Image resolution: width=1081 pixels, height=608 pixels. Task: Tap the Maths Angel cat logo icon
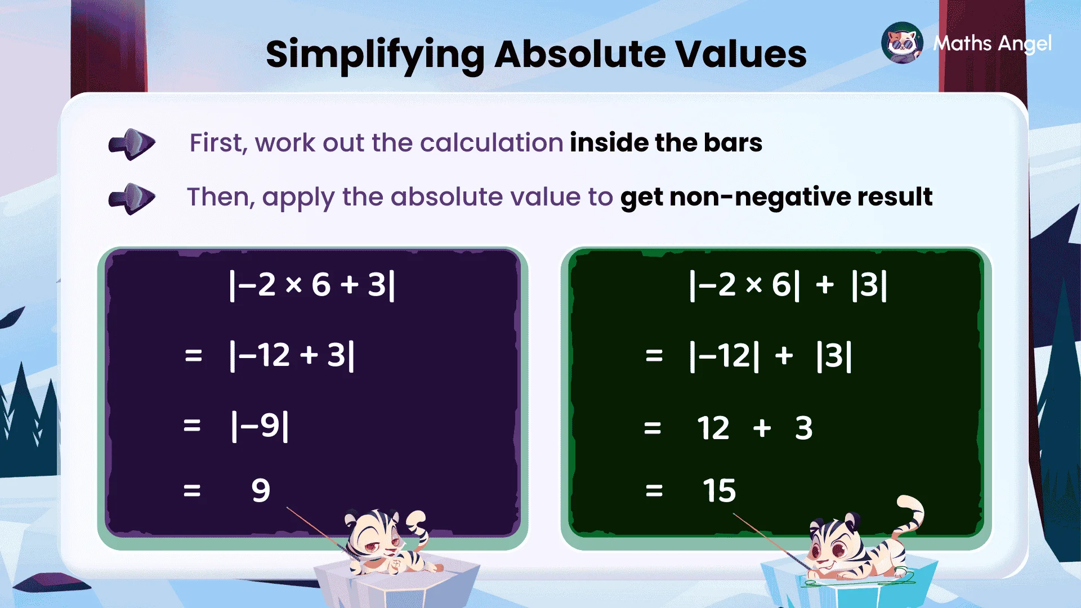902,43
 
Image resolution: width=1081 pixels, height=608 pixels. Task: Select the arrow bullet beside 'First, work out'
132,144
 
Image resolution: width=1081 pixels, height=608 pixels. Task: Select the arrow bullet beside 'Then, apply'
132,198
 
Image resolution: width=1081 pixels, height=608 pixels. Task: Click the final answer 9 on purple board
261,490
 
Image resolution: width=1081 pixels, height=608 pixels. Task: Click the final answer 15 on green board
719,490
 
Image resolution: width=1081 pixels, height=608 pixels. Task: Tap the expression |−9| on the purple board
260,426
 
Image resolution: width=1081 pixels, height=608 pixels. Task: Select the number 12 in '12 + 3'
713,428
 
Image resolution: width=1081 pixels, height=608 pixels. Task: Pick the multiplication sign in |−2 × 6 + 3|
293,285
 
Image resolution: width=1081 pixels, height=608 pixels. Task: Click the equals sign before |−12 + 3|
193,356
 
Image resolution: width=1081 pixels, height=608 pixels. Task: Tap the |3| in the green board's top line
869,285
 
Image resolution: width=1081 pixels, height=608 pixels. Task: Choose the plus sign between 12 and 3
762,428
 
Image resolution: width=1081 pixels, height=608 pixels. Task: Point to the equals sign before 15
654,491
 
